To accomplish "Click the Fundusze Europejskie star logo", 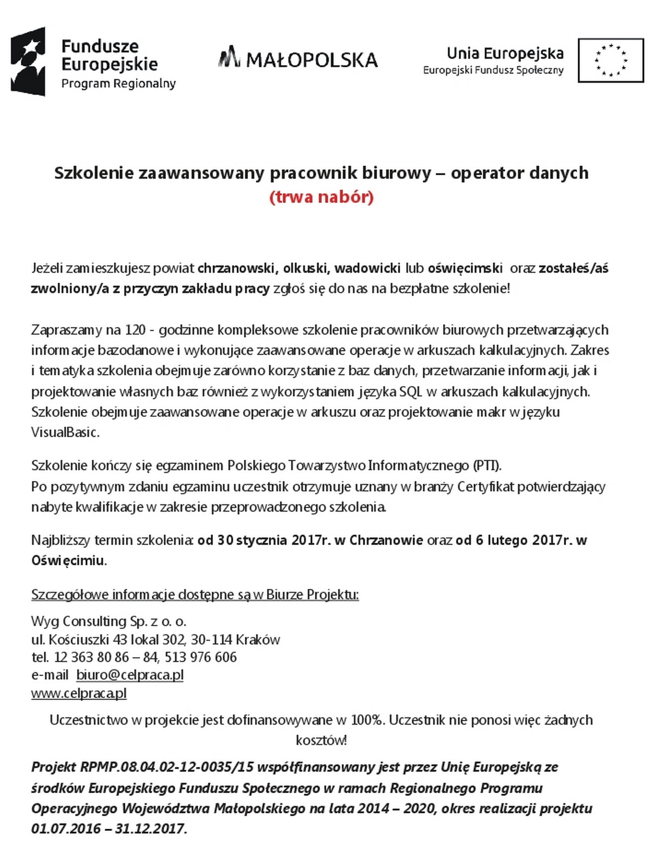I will tap(28, 61).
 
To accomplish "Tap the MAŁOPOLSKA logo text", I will tap(298, 59).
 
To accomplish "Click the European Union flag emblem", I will tap(610, 60).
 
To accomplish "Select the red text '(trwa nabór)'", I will tap(321, 197).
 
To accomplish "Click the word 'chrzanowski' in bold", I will tap(236, 268).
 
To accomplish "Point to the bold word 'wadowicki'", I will tap(367, 268).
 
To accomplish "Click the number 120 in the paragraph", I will tap(135, 330).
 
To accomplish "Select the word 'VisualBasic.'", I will tap(65, 432).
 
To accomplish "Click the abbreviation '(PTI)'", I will tap(487, 466).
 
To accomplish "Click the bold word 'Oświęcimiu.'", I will tap(69, 560).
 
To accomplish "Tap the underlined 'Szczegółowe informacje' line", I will tap(195, 594).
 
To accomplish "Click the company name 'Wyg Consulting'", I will tap(79, 621).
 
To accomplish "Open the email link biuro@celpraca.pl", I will tap(130, 675).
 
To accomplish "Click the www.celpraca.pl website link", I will tap(79, 693).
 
